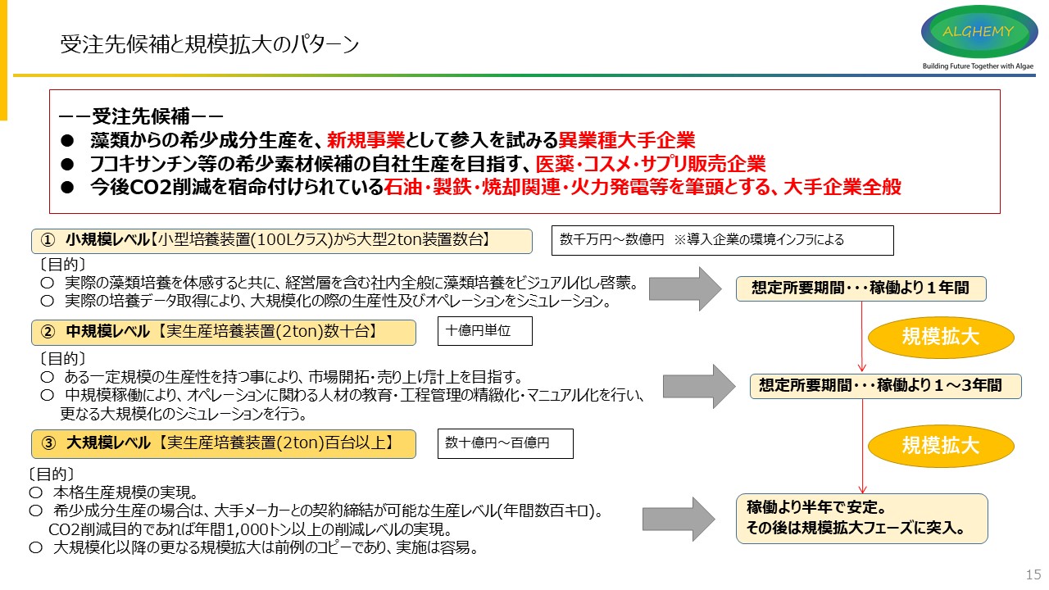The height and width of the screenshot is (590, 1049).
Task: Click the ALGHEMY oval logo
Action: coord(979,31)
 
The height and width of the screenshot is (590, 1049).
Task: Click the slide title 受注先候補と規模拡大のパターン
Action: coord(210,44)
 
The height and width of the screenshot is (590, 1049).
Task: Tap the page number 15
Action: coord(1033,574)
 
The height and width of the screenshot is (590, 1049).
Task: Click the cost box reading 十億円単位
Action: coord(485,331)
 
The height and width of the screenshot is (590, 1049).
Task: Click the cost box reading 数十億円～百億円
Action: coord(505,443)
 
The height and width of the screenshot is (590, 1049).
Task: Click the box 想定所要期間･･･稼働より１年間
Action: coord(861,288)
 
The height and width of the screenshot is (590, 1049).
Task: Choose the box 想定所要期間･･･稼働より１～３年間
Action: coord(885,386)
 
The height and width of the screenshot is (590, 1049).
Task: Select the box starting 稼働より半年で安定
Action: coord(861,518)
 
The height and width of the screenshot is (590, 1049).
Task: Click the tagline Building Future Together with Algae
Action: coord(978,66)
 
